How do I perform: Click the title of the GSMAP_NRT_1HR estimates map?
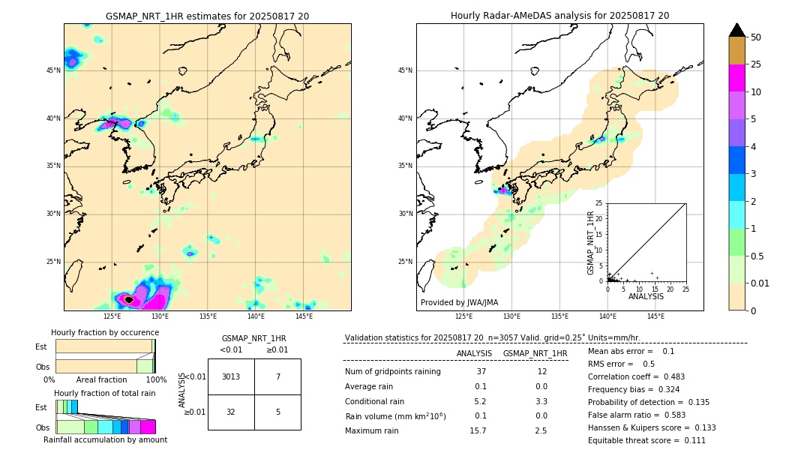(x=207, y=16)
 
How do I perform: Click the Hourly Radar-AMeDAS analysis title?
(x=559, y=16)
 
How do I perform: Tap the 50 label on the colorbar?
(x=756, y=37)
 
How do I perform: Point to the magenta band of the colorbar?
(x=736, y=78)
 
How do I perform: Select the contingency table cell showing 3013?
(x=231, y=376)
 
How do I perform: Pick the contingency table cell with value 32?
(x=231, y=412)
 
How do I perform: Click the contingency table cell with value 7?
(x=277, y=376)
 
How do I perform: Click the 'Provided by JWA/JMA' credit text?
(x=459, y=302)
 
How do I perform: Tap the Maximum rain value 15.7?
(x=478, y=430)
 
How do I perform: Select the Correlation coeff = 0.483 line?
(x=636, y=376)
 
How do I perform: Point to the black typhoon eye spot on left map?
(x=129, y=299)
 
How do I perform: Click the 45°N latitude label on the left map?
(x=53, y=70)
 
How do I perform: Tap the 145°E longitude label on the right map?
(x=655, y=316)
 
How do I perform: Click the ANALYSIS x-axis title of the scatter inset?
(x=646, y=296)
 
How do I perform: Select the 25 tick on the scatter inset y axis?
(x=599, y=203)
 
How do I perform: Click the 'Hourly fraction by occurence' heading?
(x=104, y=332)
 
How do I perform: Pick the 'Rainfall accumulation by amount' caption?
(x=105, y=439)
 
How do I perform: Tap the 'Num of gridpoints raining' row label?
(x=393, y=372)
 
